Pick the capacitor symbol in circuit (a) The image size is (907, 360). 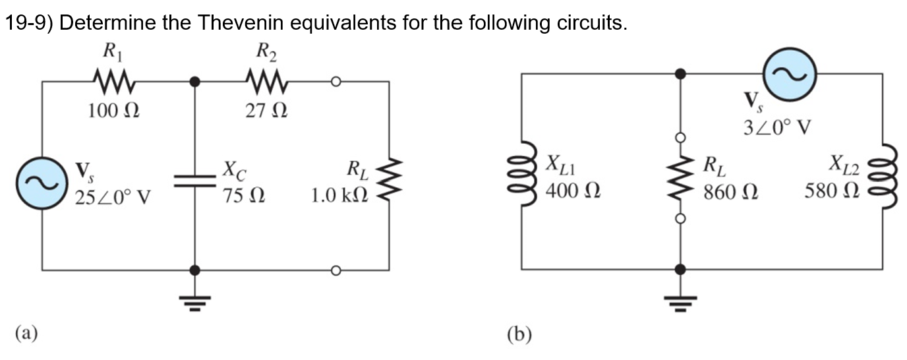(x=194, y=181)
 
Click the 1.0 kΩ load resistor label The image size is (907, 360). (x=340, y=196)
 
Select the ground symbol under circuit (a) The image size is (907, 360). (x=194, y=302)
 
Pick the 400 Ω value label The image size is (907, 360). (x=571, y=193)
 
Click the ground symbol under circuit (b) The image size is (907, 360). (x=680, y=302)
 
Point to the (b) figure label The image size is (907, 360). (x=519, y=335)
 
